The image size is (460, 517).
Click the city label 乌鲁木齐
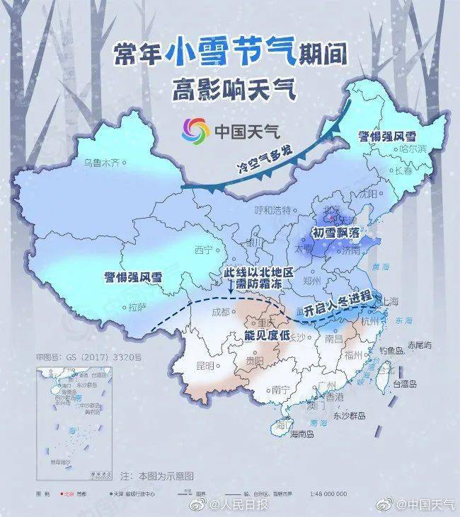102,163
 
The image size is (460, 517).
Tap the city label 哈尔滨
413,149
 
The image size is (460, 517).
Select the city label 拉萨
137,307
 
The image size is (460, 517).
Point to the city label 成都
222,311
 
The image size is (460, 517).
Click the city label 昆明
205,365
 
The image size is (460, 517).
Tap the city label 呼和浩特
272,210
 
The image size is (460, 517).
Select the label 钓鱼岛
390,349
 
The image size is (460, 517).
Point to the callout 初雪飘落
337,232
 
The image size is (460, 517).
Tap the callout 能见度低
268,335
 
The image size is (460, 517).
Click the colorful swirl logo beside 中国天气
195,129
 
